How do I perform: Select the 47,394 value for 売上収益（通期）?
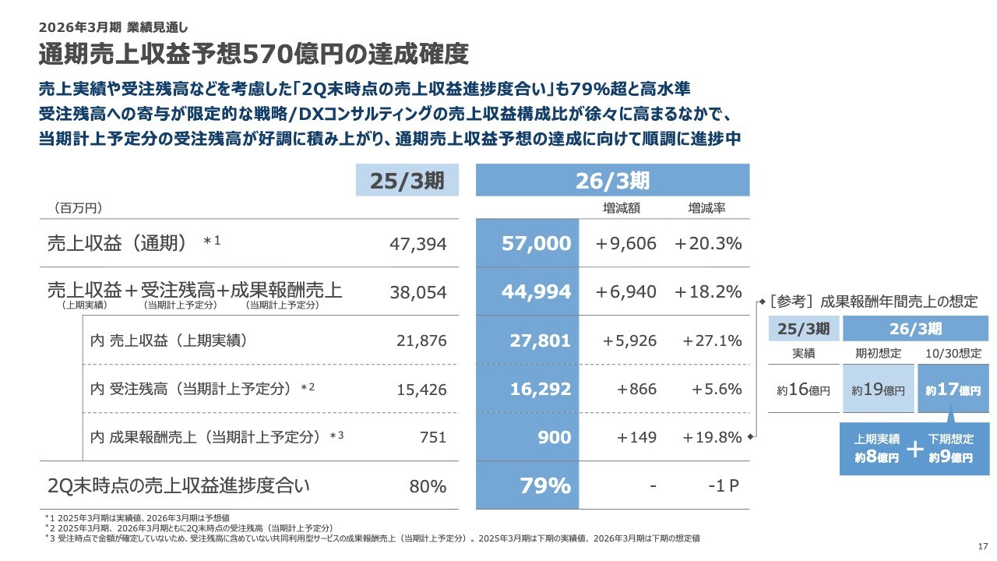coord(417,245)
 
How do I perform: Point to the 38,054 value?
coord(417,292)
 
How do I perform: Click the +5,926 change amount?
coord(630,340)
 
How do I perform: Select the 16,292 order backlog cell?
coord(541,389)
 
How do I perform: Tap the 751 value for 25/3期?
coord(432,437)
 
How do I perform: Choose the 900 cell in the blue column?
coord(554,437)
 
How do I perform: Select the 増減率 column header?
coord(706,208)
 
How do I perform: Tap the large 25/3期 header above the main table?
coord(407,181)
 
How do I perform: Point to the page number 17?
coord(982,545)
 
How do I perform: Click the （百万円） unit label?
coord(79,208)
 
